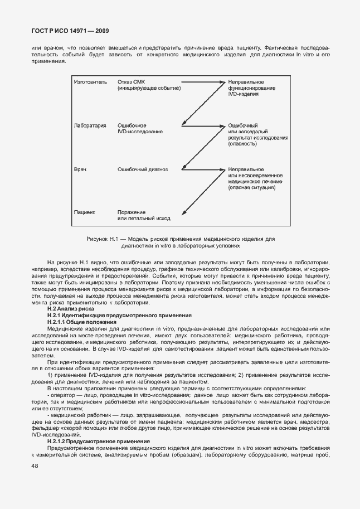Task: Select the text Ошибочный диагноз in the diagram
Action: click(143, 169)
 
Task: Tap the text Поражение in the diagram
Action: click(132, 212)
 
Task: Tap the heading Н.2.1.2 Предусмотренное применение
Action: click(95, 441)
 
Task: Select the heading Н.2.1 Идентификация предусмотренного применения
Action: click(111, 316)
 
